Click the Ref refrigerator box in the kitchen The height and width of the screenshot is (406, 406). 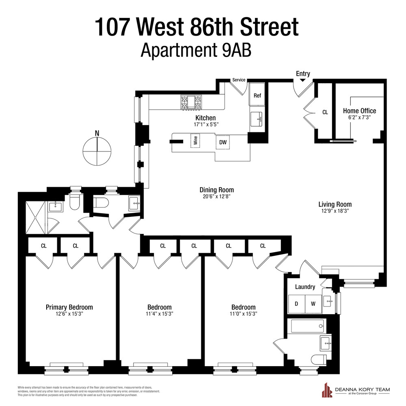[x=257, y=96]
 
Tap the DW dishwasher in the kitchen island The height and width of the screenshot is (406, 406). [x=222, y=142]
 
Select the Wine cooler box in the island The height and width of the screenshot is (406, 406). [x=196, y=141]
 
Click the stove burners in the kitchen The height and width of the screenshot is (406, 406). [x=190, y=102]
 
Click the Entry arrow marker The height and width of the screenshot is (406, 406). [x=303, y=80]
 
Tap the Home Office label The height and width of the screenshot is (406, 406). [x=359, y=111]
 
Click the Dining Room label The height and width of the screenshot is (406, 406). [x=216, y=190]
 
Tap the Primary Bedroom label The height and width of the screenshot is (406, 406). [x=69, y=307]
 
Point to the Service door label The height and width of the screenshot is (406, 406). [x=239, y=80]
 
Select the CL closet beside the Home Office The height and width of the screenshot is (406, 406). [x=325, y=112]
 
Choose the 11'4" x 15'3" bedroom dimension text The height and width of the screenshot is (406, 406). [x=159, y=314]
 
